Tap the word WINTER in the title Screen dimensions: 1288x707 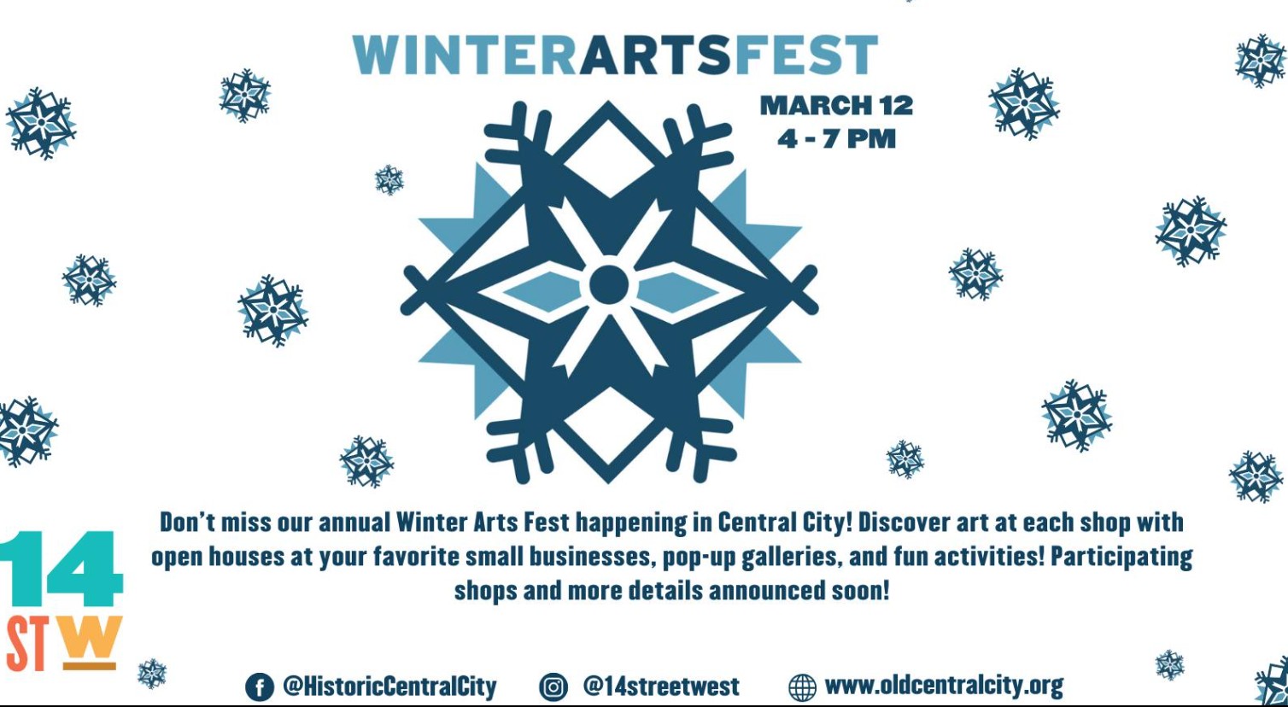[x=465, y=56]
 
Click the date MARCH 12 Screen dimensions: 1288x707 [x=837, y=106]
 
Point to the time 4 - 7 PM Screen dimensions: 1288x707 [x=837, y=139]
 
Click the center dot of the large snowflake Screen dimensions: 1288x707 [x=609, y=284]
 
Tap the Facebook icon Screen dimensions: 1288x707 [x=260, y=687]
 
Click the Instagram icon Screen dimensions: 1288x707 [x=553, y=687]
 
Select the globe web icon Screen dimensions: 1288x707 [x=802, y=687]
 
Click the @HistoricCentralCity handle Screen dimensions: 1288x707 [x=389, y=687]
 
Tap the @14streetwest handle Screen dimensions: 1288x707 [x=661, y=687]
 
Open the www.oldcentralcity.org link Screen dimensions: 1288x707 [x=944, y=686]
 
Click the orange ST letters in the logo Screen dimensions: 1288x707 [x=26, y=644]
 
